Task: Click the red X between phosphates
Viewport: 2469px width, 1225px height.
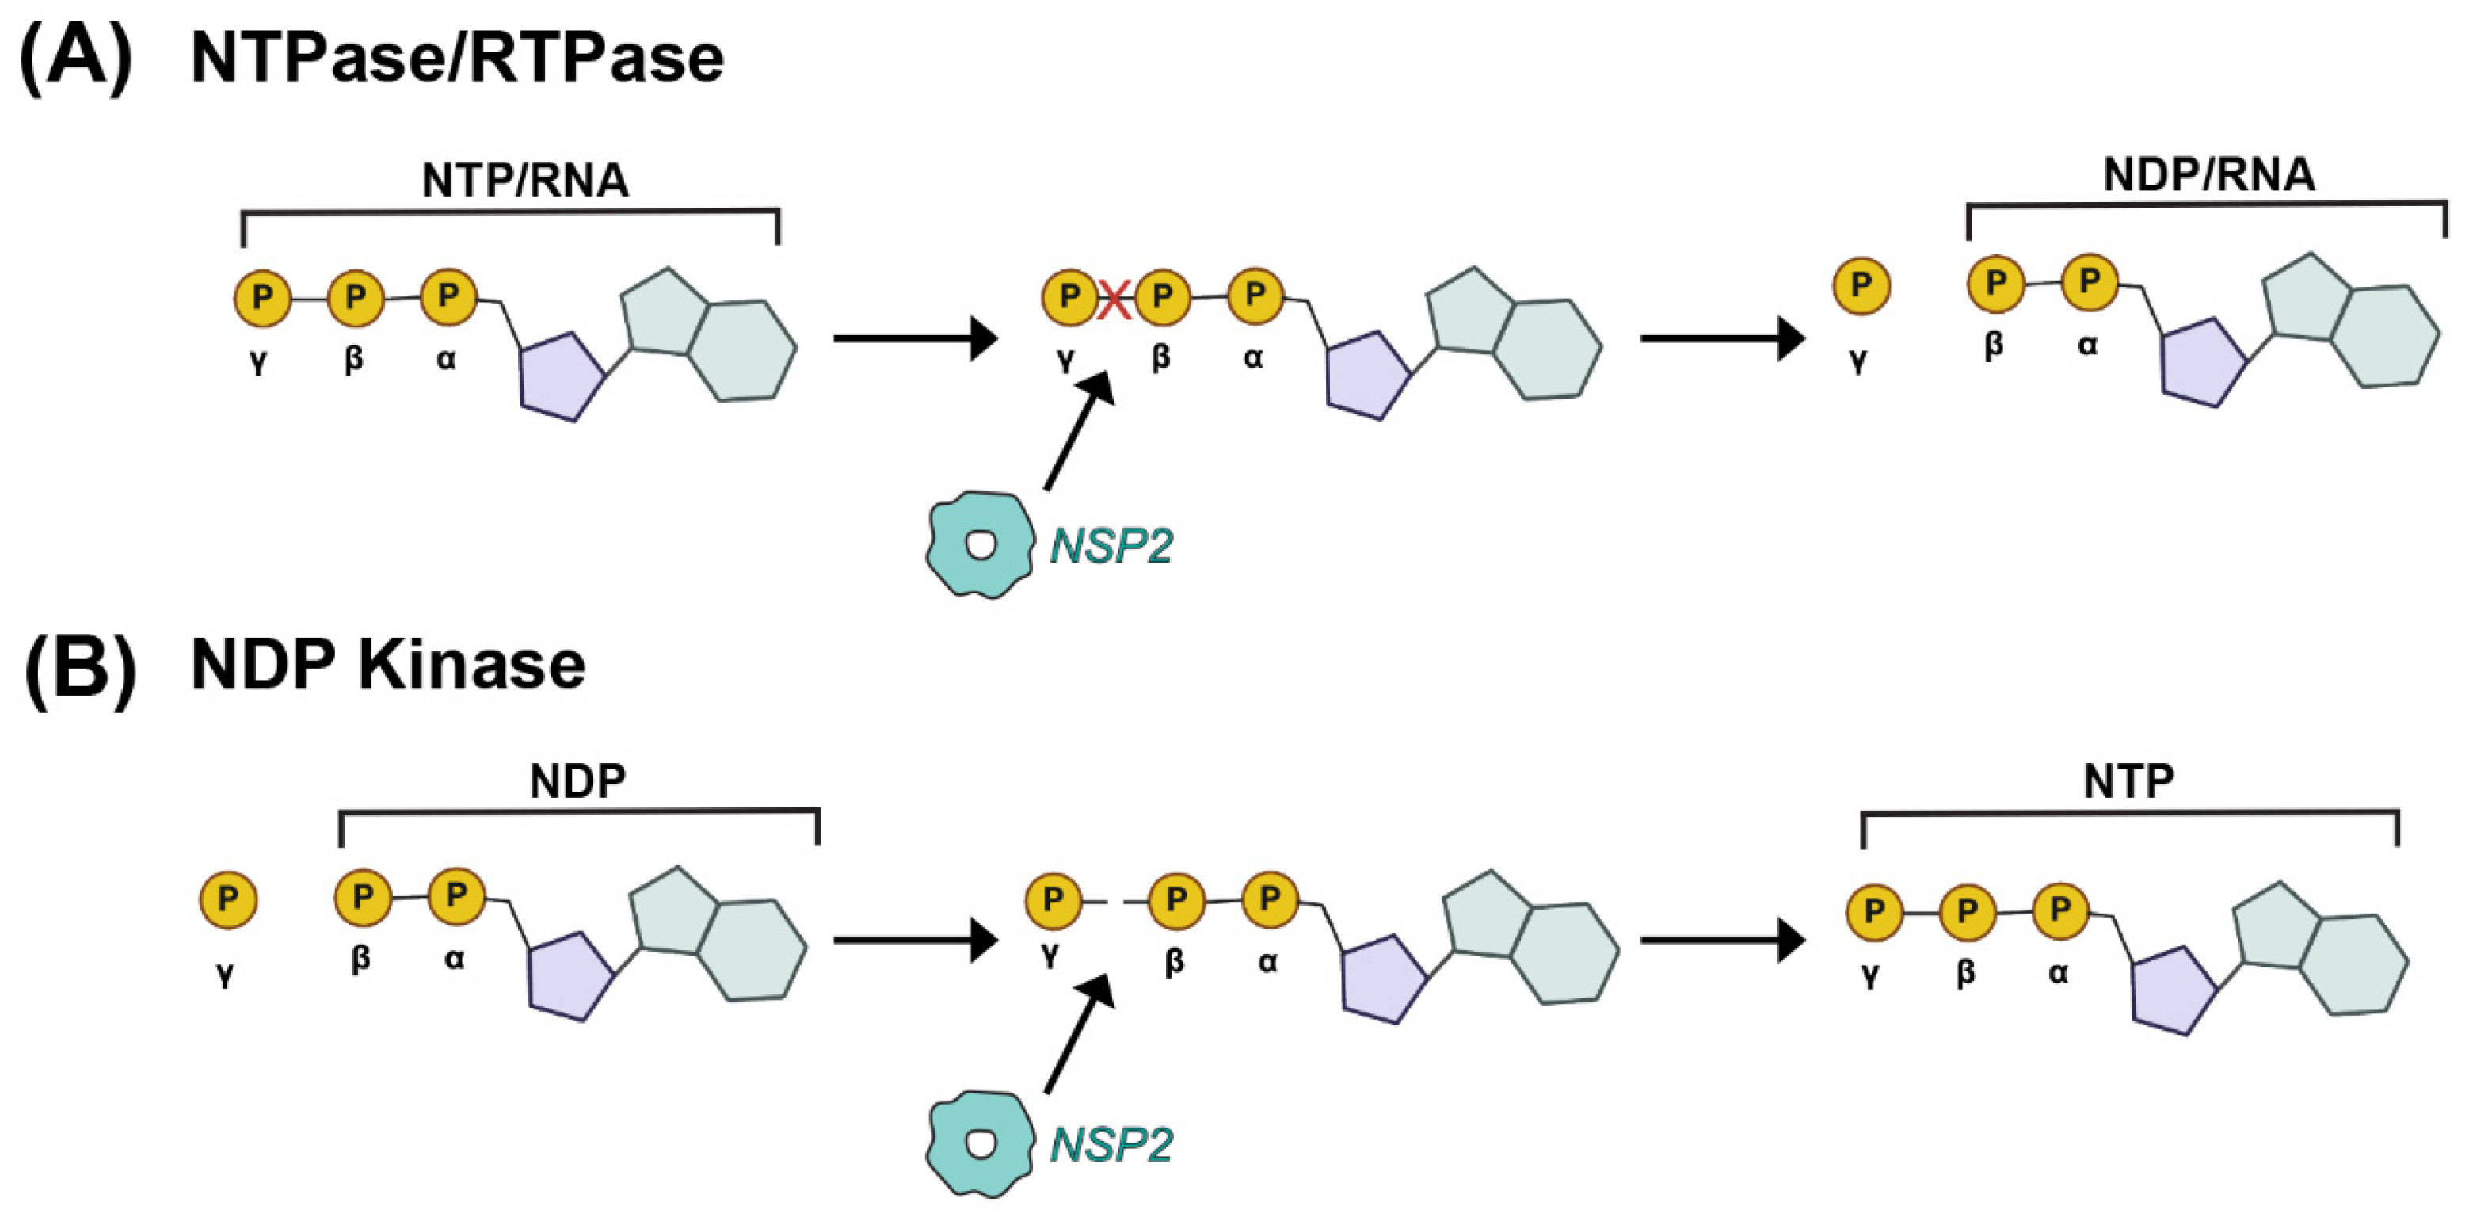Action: [1114, 299]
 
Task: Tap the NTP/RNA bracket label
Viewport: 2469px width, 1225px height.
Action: [524, 180]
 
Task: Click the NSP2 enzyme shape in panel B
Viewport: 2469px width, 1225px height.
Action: [980, 1143]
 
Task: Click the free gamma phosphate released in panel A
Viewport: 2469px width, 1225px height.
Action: [1861, 285]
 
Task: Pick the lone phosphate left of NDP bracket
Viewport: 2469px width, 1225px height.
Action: [228, 899]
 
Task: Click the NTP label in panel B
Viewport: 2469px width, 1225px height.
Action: [2128, 781]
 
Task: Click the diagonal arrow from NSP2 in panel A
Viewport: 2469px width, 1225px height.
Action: [1079, 431]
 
